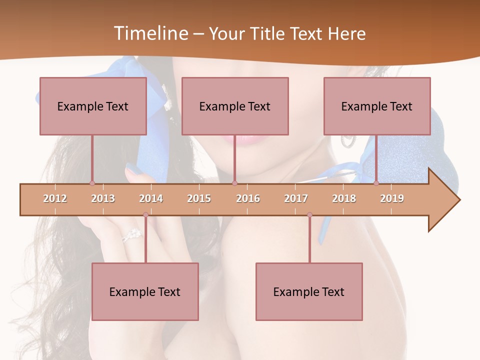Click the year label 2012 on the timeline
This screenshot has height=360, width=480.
[x=55, y=198]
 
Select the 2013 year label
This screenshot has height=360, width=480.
[x=103, y=198]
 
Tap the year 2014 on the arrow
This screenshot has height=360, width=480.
[x=151, y=198]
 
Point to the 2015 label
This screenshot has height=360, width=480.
[x=199, y=198]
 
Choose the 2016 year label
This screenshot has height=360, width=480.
[x=248, y=198]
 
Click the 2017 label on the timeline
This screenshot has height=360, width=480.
[x=296, y=198]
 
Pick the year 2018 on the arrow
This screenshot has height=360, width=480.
[x=344, y=198]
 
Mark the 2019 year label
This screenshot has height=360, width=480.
[x=392, y=198]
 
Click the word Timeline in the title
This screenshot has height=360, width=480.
[x=149, y=33]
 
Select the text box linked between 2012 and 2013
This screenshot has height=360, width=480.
[x=93, y=106]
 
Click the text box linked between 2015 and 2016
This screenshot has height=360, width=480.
[x=235, y=106]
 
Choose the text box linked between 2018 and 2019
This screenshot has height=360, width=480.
[x=377, y=106]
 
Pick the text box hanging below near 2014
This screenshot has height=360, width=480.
[x=145, y=291]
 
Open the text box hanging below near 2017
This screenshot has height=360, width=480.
[x=309, y=291]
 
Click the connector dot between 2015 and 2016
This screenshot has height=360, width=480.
[x=234, y=183]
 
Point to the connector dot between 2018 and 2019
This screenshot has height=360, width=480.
[x=376, y=183]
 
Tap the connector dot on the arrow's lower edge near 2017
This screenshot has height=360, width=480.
[x=309, y=215]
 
